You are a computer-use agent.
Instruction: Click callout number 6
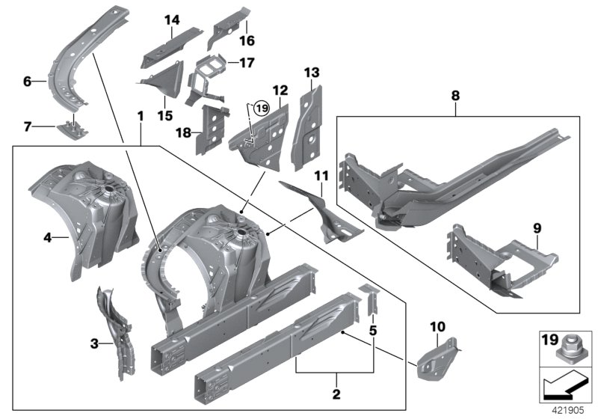pos(27,82)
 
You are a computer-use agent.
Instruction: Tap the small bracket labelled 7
pos(73,129)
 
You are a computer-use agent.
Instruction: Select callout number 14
pos(173,20)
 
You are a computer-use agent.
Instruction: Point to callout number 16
pos(247,41)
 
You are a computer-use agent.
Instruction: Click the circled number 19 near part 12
pos(259,108)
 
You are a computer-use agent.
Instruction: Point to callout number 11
pos(321,176)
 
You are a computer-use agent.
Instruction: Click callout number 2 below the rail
pos(336,394)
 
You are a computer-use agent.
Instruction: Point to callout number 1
pos(140,117)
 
